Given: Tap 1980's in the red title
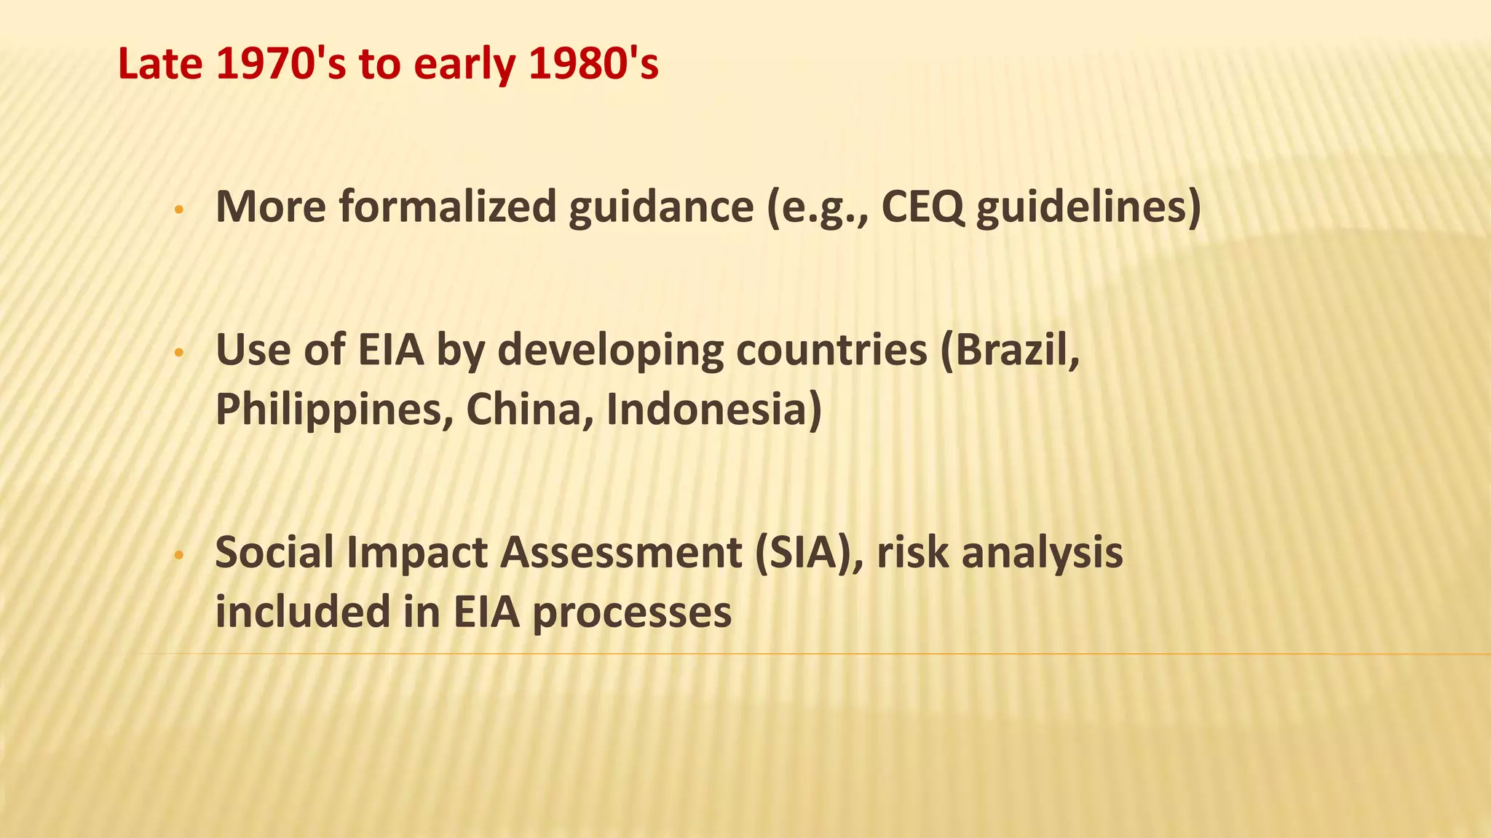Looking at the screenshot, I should tap(593, 64).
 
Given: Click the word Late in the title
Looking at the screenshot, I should tap(159, 64).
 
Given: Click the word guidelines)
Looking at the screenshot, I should tap(1088, 207).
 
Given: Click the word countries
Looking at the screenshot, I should tap(831, 350).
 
